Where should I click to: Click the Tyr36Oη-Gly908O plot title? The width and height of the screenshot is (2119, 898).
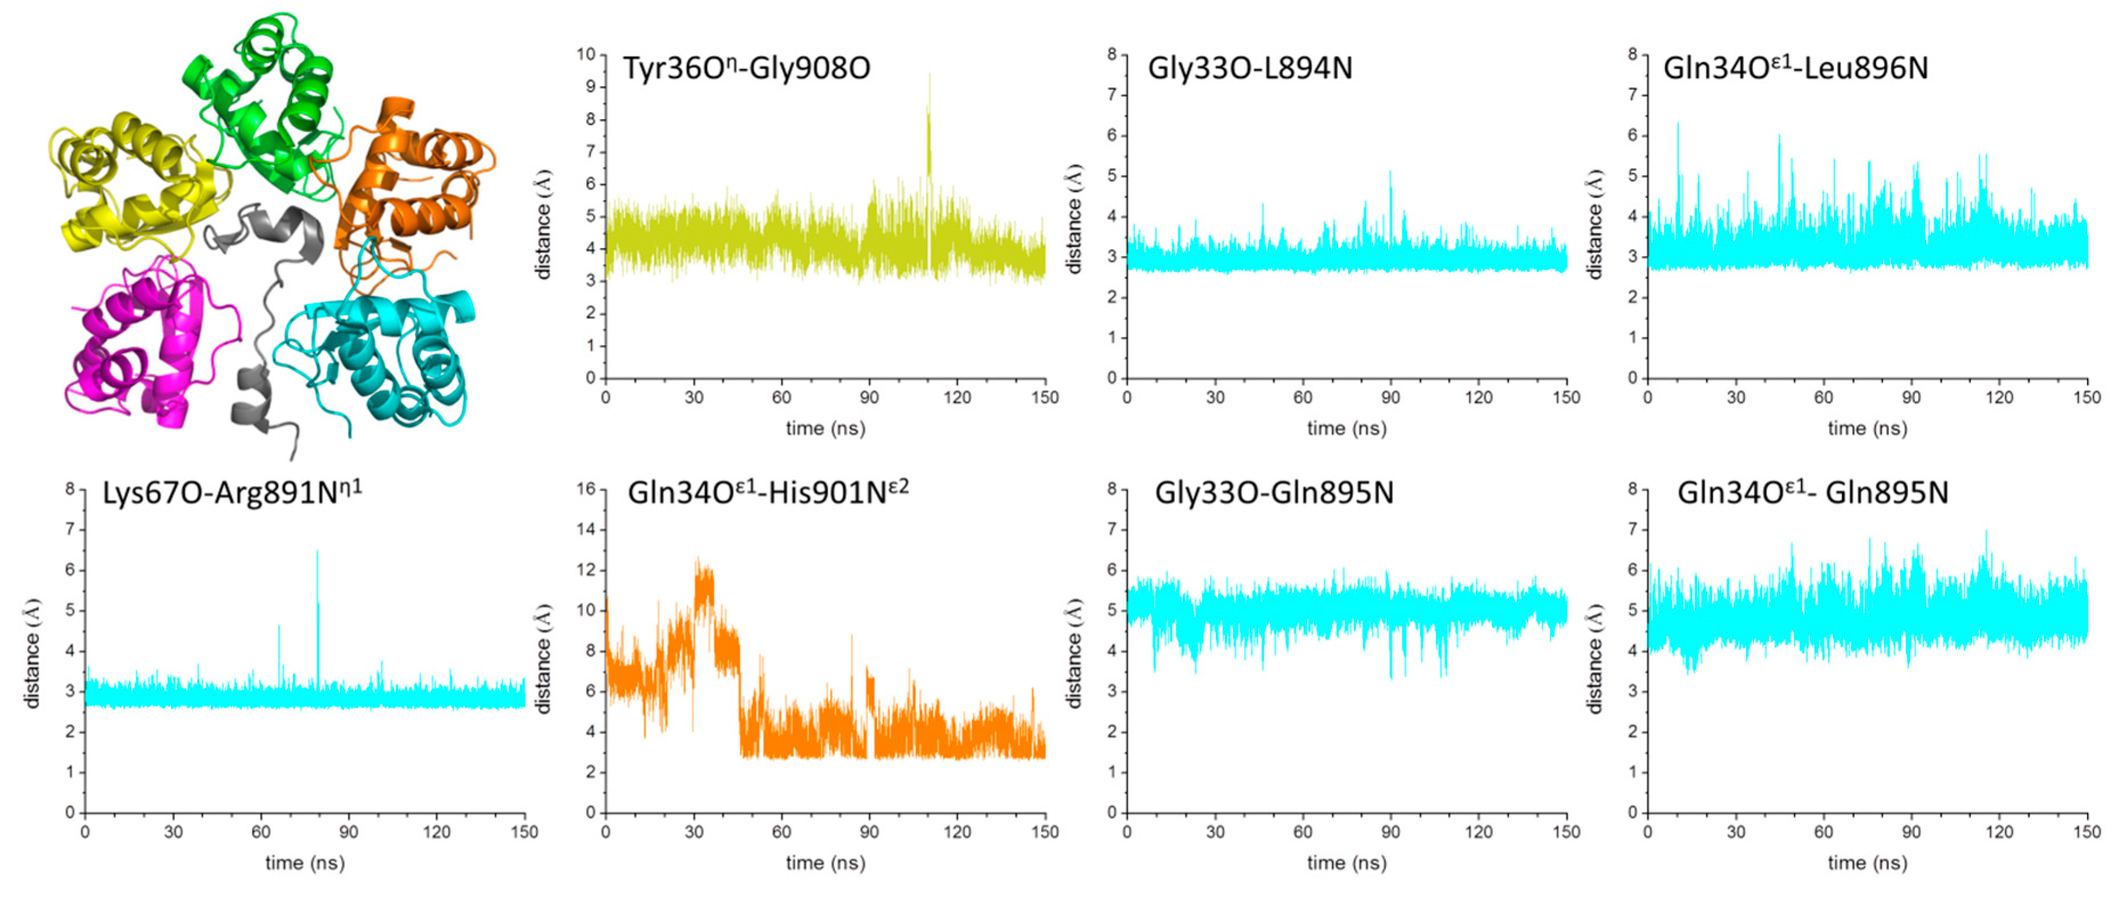(x=746, y=68)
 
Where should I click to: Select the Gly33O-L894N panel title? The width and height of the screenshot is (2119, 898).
(x=1250, y=68)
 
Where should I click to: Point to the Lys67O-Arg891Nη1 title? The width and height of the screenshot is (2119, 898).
(x=232, y=493)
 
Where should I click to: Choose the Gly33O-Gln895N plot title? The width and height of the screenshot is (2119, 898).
(x=1274, y=493)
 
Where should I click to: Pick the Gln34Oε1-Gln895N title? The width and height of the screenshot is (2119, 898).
(x=1812, y=493)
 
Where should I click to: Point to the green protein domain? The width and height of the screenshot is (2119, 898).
(x=263, y=99)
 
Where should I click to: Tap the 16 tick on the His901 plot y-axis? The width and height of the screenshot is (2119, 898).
(x=585, y=489)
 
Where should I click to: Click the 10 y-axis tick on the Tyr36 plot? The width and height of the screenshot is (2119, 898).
(x=585, y=54)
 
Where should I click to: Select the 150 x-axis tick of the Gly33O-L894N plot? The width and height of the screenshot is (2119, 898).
(x=1565, y=397)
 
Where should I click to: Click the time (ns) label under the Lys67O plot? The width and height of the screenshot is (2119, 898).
(x=304, y=863)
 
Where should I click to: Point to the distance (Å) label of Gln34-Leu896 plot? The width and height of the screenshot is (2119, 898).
(x=1595, y=224)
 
